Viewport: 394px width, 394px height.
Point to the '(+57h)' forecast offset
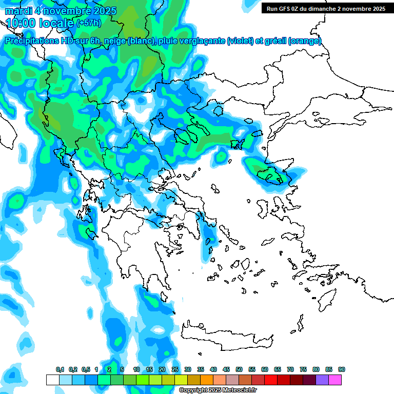click(89, 23)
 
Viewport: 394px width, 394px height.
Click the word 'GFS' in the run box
click(287, 9)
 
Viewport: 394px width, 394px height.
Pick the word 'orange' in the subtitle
click(306, 41)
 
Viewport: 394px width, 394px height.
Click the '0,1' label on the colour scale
click(60, 370)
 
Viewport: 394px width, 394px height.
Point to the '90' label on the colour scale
click(342, 370)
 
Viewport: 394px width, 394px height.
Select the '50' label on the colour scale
click(239, 370)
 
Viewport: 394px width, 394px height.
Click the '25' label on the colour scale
click(175, 370)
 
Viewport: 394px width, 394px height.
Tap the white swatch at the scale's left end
click(52, 380)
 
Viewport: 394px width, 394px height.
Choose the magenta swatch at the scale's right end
click(335, 380)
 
